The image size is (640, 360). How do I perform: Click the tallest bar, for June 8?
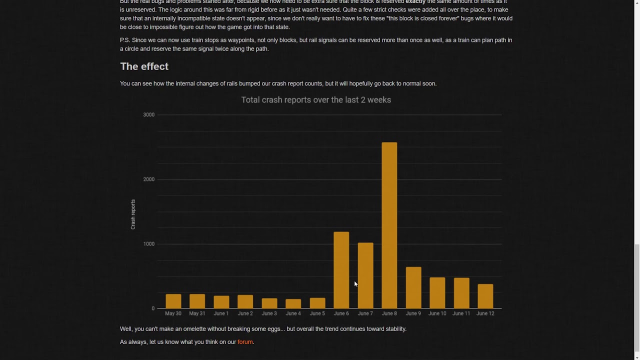point(389,225)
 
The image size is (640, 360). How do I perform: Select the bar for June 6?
point(341,270)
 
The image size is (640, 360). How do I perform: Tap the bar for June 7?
point(365,275)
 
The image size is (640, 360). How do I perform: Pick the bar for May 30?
point(173,301)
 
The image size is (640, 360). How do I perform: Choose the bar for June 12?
point(485,296)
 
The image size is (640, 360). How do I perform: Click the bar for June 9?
point(413,287)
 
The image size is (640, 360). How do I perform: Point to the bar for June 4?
point(293,303)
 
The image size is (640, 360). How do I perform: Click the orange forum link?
point(245,342)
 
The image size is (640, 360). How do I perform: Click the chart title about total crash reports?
point(316,100)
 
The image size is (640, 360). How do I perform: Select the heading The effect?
point(144,66)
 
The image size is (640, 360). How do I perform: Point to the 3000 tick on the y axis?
point(148,115)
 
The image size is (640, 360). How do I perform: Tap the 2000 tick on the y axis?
point(148,179)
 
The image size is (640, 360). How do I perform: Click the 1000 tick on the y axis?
point(148,244)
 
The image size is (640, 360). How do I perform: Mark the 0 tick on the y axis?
point(153,308)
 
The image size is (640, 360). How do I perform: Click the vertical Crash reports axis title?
point(133,214)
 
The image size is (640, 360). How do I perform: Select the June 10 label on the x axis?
point(437,313)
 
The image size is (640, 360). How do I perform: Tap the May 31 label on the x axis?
point(197,313)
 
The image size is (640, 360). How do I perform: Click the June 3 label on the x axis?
point(269,313)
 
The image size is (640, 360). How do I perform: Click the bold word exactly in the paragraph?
point(415,2)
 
